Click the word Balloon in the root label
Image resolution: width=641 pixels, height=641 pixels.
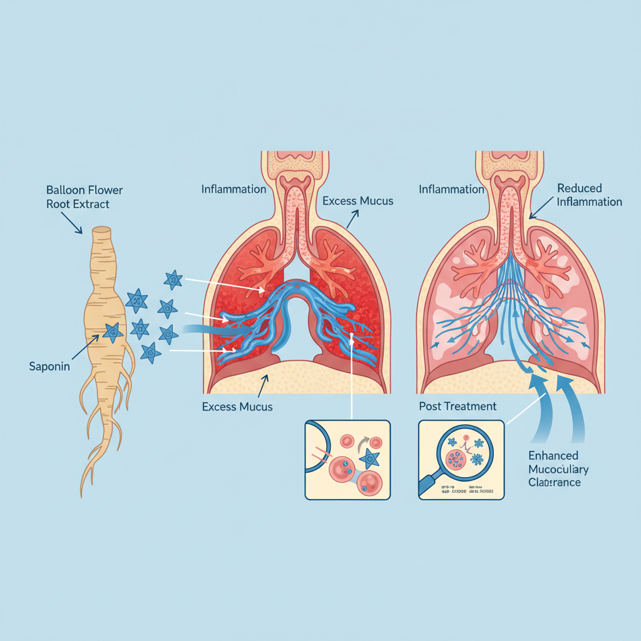click(63, 189)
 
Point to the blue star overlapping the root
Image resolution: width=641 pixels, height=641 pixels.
click(113, 332)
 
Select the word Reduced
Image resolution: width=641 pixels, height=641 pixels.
click(579, 188)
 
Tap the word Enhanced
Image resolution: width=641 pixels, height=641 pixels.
click(553, 455)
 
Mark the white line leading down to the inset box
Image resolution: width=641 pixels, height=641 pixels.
click(352, 382)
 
